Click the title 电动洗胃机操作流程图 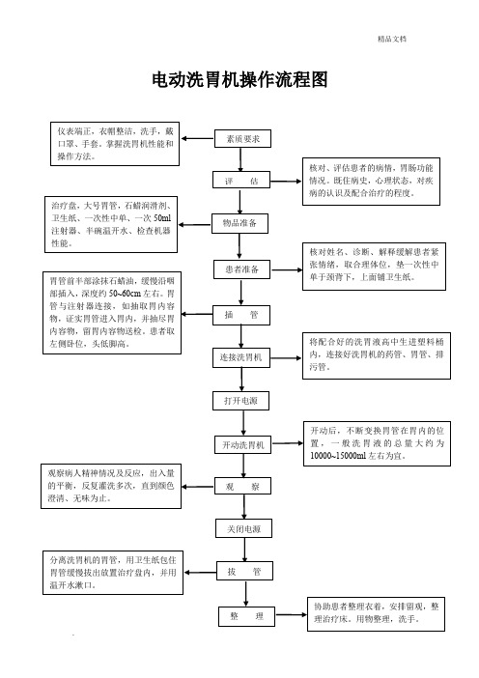239,80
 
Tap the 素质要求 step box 242,139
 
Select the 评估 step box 241,180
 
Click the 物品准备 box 239,223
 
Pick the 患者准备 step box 241,269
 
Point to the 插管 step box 241,315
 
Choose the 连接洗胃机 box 240,357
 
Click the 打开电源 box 240,401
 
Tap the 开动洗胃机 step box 243,445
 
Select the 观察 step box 243,486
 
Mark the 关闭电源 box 243,528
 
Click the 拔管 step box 244,571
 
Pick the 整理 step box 247,616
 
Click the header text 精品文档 392,39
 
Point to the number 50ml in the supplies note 162,218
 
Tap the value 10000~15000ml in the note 338,456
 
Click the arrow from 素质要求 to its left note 198,139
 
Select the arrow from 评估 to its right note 286,182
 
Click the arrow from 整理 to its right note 292,615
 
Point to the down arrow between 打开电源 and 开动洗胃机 243,423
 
